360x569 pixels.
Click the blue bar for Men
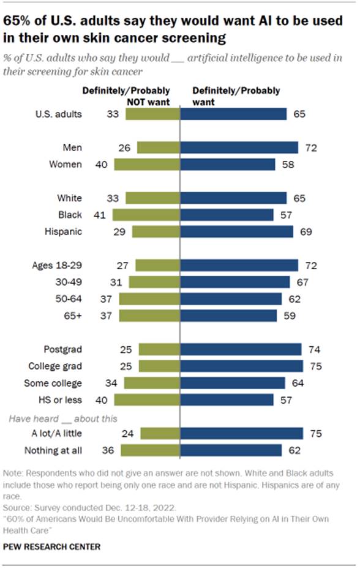pos(239,147)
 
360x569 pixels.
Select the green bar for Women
pos(147,164)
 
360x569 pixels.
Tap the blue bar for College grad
pos(242,366)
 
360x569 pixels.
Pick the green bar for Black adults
pos(146,215)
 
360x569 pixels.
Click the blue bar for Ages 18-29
pos(239,265)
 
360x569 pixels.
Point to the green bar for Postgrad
pos(159,349)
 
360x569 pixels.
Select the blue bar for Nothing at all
pos(231,450)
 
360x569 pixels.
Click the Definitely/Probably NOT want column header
pos(126,96)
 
